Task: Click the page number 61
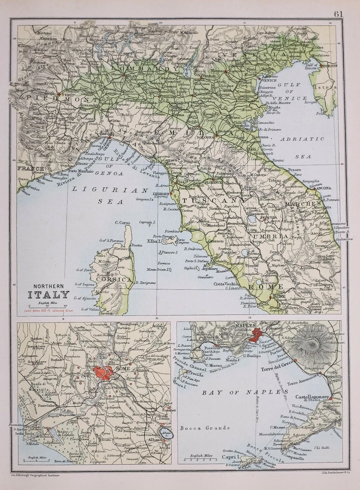[x=338, y=13]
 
